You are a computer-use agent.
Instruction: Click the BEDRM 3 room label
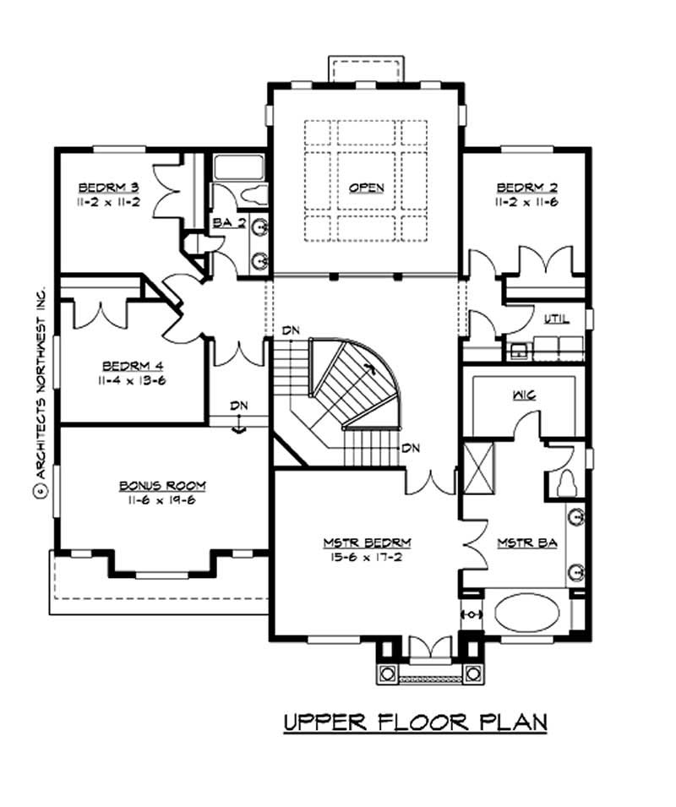101,187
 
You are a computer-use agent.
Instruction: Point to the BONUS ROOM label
162,486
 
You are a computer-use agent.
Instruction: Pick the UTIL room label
556,319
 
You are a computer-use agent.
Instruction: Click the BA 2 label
222,223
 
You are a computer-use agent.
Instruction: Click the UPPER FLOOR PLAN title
415,722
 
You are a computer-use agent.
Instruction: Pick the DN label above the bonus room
240,406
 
